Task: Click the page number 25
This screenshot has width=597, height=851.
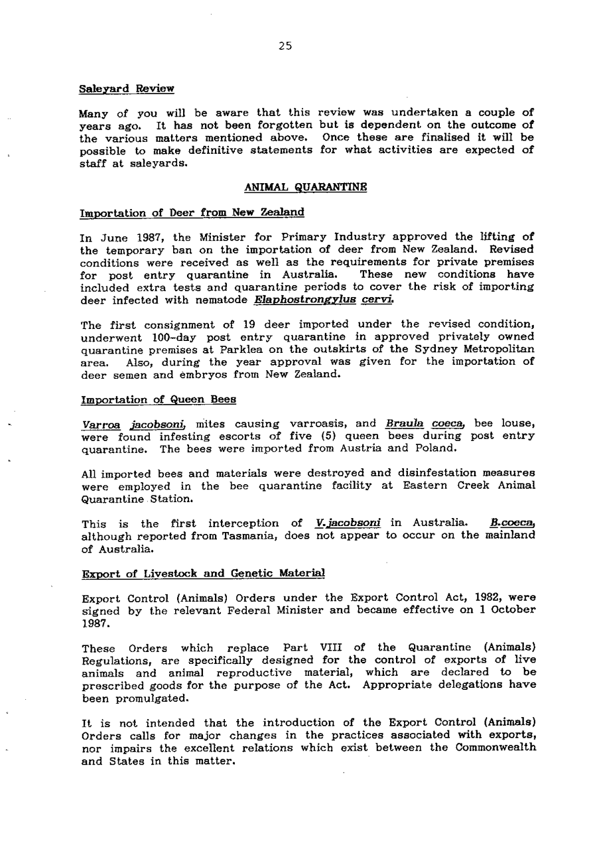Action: pos(285,46)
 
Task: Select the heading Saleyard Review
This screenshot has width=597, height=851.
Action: pos(127,88)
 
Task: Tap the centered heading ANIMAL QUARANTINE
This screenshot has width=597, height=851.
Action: pos(306,188)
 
